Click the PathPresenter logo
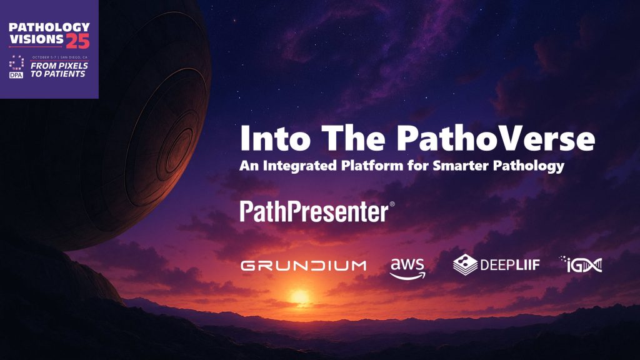click(314, 212)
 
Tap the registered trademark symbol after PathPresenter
click(392, 204)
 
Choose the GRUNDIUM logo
click(303, 266)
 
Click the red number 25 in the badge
click(78, 41)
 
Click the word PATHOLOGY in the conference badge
click(49, 27)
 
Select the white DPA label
click(16, 74)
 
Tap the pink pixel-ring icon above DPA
click(16, 62)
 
